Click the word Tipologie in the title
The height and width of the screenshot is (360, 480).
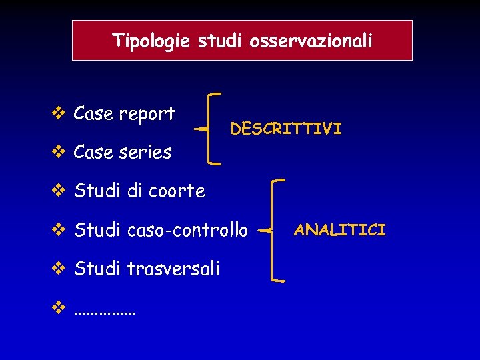tap(153, 41)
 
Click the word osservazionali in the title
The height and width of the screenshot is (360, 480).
tap(311, 41)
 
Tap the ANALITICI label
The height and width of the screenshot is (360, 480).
tap(340, 231)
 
